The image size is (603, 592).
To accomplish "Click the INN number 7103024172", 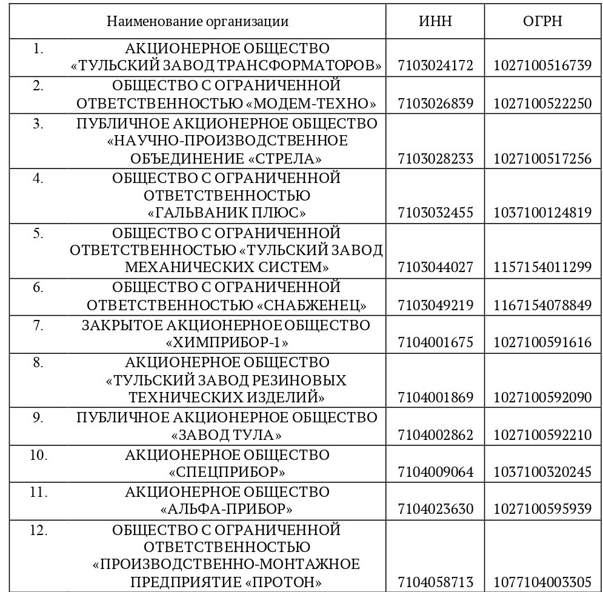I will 435,65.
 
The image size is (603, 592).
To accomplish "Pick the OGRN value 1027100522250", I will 542,104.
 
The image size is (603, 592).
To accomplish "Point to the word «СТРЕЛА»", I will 285,159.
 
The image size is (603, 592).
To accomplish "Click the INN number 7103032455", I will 435,213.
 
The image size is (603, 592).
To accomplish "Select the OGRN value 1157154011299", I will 542,267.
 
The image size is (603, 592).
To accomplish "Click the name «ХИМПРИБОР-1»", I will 227,343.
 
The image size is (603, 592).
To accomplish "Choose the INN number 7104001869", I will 435,397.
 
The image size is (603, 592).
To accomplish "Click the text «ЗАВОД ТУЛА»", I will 227,435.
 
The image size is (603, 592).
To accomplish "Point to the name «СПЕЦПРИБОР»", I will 227,471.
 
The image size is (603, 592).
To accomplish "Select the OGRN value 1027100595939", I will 542,509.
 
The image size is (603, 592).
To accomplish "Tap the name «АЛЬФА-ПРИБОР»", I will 227,509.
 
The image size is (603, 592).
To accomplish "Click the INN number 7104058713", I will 435,583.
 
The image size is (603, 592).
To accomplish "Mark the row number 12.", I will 38,530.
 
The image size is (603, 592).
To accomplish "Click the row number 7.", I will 38,325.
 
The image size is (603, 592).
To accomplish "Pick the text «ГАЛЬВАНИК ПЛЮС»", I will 227,213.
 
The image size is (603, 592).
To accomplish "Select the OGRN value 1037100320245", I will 542,471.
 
